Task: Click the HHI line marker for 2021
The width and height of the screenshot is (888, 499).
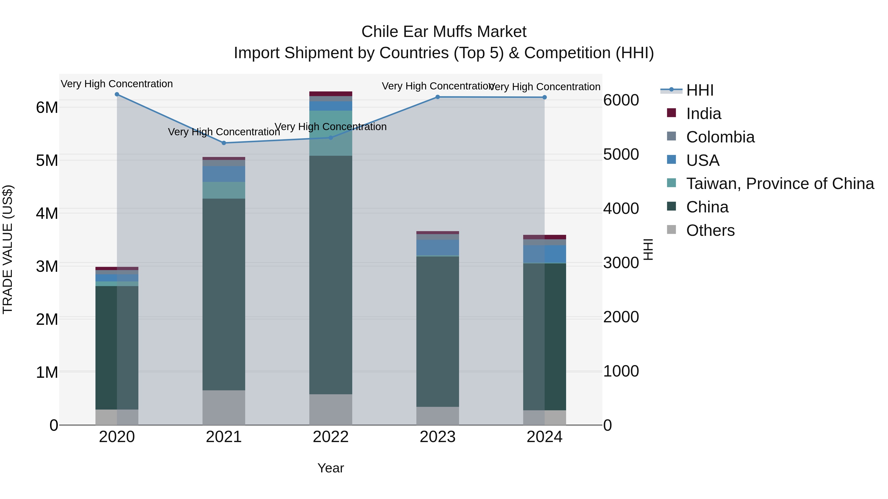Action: pyautogui.click(x=224, y=143)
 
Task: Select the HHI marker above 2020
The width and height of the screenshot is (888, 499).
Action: pyautogui.click(x=117, y=94)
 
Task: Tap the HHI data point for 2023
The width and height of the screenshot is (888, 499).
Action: pyautogui.click(x=437, y=97)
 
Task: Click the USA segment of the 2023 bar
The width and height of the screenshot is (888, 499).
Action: pyautogui.click(x=437, y=247)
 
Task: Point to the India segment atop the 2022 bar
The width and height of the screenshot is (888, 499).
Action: pyautogui.click(x=331, y=94)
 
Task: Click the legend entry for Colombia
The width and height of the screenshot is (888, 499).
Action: pyautogui.click(x=720, y=137)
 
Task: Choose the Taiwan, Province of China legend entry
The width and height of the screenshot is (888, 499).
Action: pyautogui.click(x=780, y=184)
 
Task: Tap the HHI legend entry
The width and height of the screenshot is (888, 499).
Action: pyautogui.click(x=700, y=90)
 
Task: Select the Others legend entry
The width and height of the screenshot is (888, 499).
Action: pyautogui.click(x=710, y=230)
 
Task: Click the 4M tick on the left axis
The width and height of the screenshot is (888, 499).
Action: pyautogui.click(x=47, y=213)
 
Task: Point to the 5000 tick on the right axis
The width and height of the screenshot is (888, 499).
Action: pyautogui.click(x=621, y=154)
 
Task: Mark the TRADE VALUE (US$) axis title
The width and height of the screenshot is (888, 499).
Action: pyautogui.click(x=8, y=249)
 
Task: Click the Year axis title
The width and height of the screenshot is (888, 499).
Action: pyautogui.click(x=331, y=468)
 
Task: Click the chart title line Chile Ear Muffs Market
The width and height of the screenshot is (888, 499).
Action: pyautogui.click(x=444, y=32)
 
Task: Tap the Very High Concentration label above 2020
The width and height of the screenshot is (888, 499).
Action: pyautogui.click(x=117, y=84)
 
